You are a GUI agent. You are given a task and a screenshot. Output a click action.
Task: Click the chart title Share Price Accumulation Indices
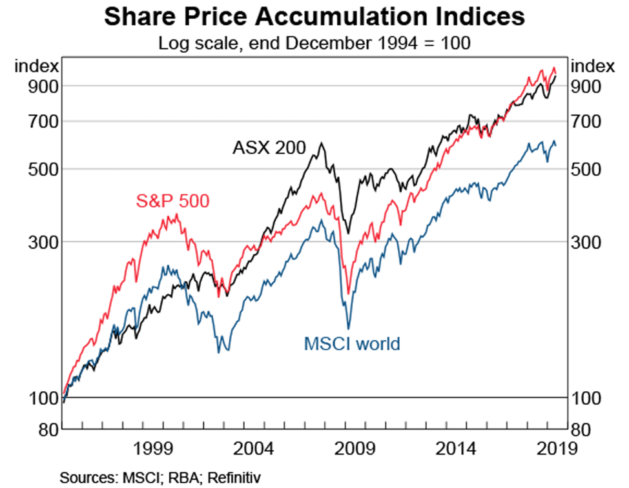tap(314, 17)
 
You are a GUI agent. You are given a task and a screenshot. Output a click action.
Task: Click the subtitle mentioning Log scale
tap(314, 44)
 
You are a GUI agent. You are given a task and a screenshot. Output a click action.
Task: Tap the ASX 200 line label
tap(269, 147)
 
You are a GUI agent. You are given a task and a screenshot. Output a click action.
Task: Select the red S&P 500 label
tap(172, 201)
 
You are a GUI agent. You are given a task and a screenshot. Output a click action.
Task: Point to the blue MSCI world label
tap(352, 343)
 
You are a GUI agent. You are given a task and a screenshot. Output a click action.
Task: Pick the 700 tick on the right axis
tap(585, 121)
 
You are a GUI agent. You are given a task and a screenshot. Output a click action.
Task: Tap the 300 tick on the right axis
tap(585, 242)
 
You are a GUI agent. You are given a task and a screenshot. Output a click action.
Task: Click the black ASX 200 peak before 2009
tap(321, 143)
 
